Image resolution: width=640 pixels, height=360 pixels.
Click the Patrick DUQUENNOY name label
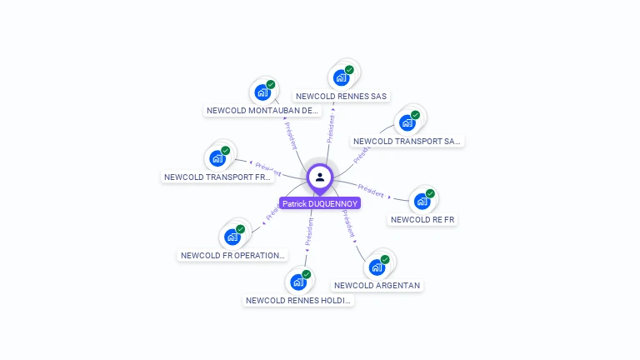[x=320, y=203]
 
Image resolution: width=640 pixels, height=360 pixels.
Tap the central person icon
[x=320, y=177]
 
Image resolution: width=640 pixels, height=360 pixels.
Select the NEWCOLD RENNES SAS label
[x=342, y=96]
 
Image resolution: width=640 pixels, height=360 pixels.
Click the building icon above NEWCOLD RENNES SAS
[x=341, y=77]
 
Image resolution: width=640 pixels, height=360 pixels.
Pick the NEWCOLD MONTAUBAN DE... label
[x=262, y=110]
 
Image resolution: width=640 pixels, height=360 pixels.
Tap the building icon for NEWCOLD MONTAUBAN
[x=262, y=92]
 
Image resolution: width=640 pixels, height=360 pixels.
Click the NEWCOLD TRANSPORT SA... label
[x=407, y=141]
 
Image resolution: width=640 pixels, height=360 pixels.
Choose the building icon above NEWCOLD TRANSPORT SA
[x=407, y=122]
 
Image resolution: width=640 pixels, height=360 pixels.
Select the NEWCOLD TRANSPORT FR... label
[x=217, y=177]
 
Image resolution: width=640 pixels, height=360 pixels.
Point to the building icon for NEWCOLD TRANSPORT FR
[x=217, y=158]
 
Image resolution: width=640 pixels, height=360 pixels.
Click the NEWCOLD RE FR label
[x=422, y=219]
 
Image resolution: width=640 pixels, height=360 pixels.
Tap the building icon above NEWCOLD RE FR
[x=422, y=201]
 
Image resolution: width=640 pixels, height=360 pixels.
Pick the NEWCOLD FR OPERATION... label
[x=233, y=255]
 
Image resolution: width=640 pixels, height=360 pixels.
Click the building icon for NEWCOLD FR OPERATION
[x=232, y=237]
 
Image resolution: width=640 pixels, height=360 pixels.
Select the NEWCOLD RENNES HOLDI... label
[x=298, y=300]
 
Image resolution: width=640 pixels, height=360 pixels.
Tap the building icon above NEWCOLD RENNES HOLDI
[x=297, y=282]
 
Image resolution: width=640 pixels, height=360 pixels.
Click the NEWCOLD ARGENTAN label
[x=377, y=285]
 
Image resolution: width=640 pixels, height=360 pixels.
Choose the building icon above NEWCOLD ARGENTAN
[x=377, y=267]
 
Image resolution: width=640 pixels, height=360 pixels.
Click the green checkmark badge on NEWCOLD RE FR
[x=430, y=193]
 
